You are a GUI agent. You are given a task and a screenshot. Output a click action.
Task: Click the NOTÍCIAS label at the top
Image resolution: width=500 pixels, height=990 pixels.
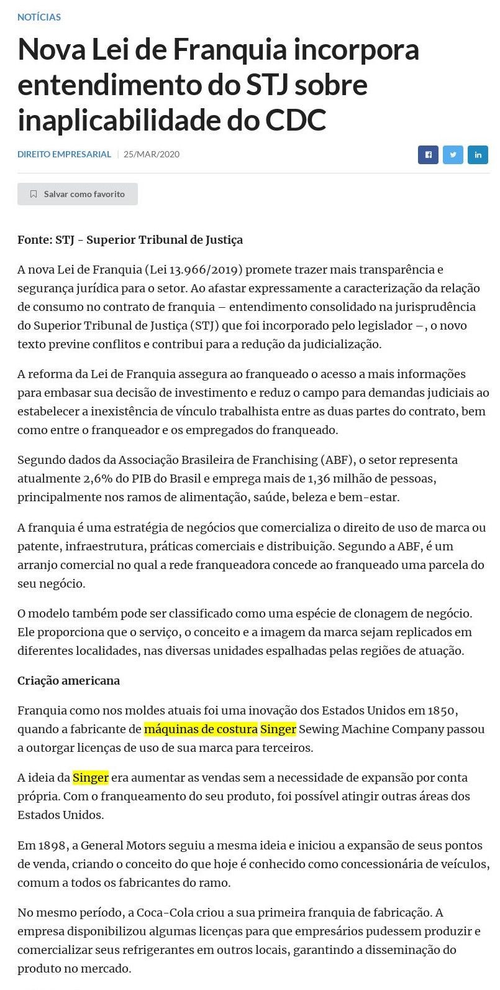pos(39,17)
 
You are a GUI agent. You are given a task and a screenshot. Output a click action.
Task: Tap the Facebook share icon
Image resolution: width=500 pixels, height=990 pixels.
pos(428,155)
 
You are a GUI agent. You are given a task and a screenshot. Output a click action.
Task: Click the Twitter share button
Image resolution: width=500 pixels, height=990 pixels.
pos(453,155)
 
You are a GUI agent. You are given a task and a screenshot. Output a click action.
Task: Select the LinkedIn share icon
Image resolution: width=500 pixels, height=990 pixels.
pos(478,155)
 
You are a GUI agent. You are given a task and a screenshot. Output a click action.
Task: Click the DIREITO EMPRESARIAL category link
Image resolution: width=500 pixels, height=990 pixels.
pos(64,154)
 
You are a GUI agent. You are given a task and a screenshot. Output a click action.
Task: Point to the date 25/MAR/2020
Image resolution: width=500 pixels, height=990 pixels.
pos(152,154)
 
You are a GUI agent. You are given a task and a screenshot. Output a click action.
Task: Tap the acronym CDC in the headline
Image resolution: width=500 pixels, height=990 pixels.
pos(295,120)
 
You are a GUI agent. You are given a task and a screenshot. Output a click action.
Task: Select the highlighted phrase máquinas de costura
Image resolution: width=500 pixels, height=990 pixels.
pos(201,729)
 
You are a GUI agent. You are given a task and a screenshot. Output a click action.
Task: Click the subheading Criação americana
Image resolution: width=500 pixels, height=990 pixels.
pos(68,680)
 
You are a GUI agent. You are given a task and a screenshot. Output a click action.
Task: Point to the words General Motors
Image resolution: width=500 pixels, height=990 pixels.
pos(119,845)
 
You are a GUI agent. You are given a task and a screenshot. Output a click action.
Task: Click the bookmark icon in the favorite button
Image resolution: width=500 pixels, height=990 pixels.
pos(34,194)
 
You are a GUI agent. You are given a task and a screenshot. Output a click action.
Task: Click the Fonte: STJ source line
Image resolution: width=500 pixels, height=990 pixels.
pos(130,239)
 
